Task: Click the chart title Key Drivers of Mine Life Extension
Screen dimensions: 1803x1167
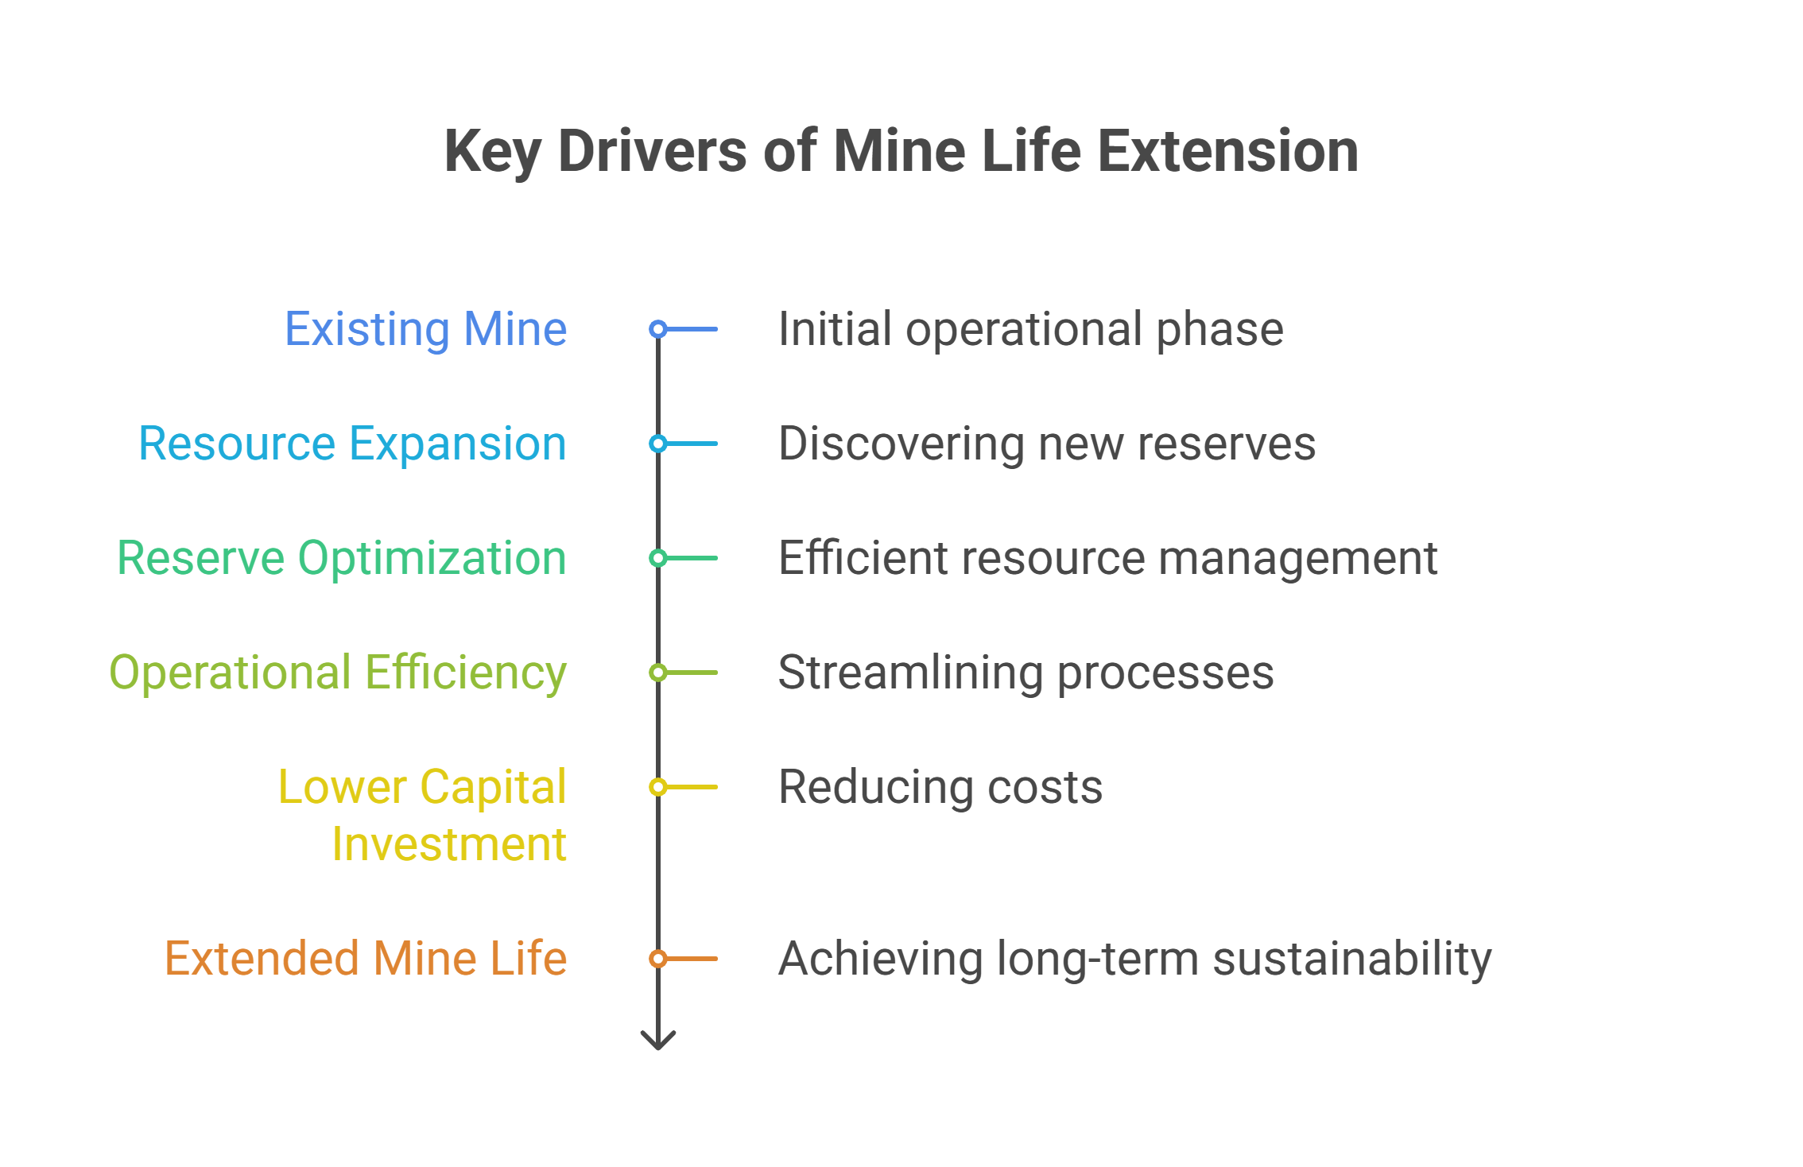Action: pyautogui.click(x=901, y=152)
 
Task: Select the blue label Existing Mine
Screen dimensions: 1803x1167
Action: pyautogui.click(x=426, y=329)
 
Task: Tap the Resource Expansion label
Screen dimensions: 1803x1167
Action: pyautogui.click(x=353, y=444)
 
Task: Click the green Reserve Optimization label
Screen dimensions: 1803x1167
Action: pyautogui.click(x=342, y=558)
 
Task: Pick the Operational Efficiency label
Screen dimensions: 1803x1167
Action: pyautogui.click(x=338, y=673)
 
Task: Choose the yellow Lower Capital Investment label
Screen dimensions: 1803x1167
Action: pyautogui.click(x=423, y=815)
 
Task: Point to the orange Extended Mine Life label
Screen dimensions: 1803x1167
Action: pyautogui.click(x=366, y=958)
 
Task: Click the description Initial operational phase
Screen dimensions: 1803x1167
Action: pyautogui.click(x=1031, y=329)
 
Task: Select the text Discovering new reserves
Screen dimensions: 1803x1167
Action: pyautogui.click(x=1047, y=444)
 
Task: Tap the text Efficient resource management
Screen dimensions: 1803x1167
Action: pyautogui.click(x=1108, y=558)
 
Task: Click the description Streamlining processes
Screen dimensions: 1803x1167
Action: pyautogui.click(x=1026, y=673)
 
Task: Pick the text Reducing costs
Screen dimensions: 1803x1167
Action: pyautogui.click(x=940, y=787)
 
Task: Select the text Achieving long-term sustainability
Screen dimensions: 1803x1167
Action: pyautogui.click(x=1135, y=959)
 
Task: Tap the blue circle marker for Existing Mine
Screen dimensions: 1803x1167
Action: pyautogui.click(x=657, y=329)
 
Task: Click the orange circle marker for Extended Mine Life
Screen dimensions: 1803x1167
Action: pyautogui.click(x=657, y=959)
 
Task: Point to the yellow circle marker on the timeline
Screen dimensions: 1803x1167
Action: pyautogui.click(x=657, y=787)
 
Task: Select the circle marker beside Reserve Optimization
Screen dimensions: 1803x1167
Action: pyautogui.click(x=657, y=558)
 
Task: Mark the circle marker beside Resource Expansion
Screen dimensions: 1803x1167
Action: pyautogui.click(x=657, y=444)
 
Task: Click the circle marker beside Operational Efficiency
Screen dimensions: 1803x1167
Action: pyautogui.click(x=657, y=673)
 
